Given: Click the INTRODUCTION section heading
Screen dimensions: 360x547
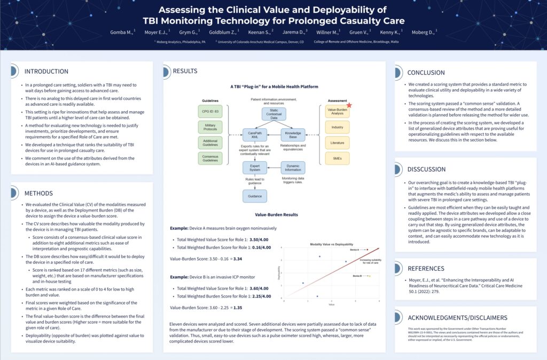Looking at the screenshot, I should pyautogui.click(x=46, y=72).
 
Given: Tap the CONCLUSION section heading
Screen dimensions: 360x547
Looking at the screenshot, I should pyautogui.click(x=426, y=73).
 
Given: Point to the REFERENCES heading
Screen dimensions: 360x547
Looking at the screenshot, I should pyautogui.click(x=426, y=268).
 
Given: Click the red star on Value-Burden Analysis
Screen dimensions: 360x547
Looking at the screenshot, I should pyautogui.click(x=349, y=106).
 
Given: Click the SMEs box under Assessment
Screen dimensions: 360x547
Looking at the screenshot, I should pyautogui.click(x=337, y=158).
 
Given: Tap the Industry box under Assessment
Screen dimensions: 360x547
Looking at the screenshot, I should pyautogui.click(x=337, y=127).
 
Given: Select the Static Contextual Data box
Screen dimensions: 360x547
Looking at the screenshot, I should pyautogui.click(x=273, y=114).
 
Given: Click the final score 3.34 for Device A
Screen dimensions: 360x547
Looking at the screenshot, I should pyautogui.click(x=238, y=259).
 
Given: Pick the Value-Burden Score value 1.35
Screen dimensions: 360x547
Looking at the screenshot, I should pyautogui.click(x=238, y=308).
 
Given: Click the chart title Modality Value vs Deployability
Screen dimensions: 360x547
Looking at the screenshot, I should pyautogui.click(x=331, y=244).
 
